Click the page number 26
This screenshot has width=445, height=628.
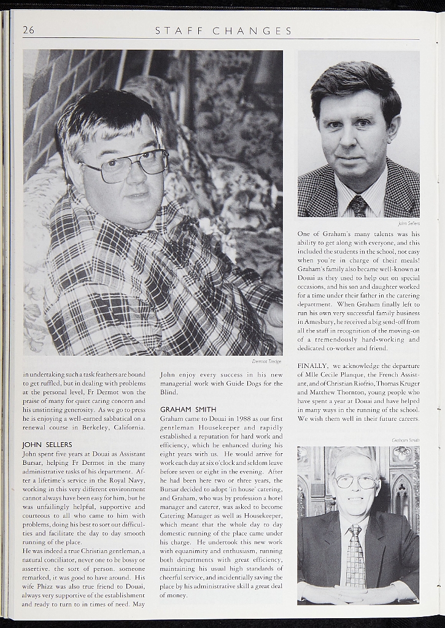[28, 30]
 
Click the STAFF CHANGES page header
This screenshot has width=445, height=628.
[223, 31]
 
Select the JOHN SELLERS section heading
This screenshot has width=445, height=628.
[47, 444]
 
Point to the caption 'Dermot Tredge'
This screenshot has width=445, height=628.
[266, 361]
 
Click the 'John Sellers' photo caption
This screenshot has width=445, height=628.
[408, 224]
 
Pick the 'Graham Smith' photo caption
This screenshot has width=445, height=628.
[406, 440]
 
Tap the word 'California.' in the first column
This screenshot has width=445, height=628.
[125, 418]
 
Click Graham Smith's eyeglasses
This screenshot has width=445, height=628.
[355, 481]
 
